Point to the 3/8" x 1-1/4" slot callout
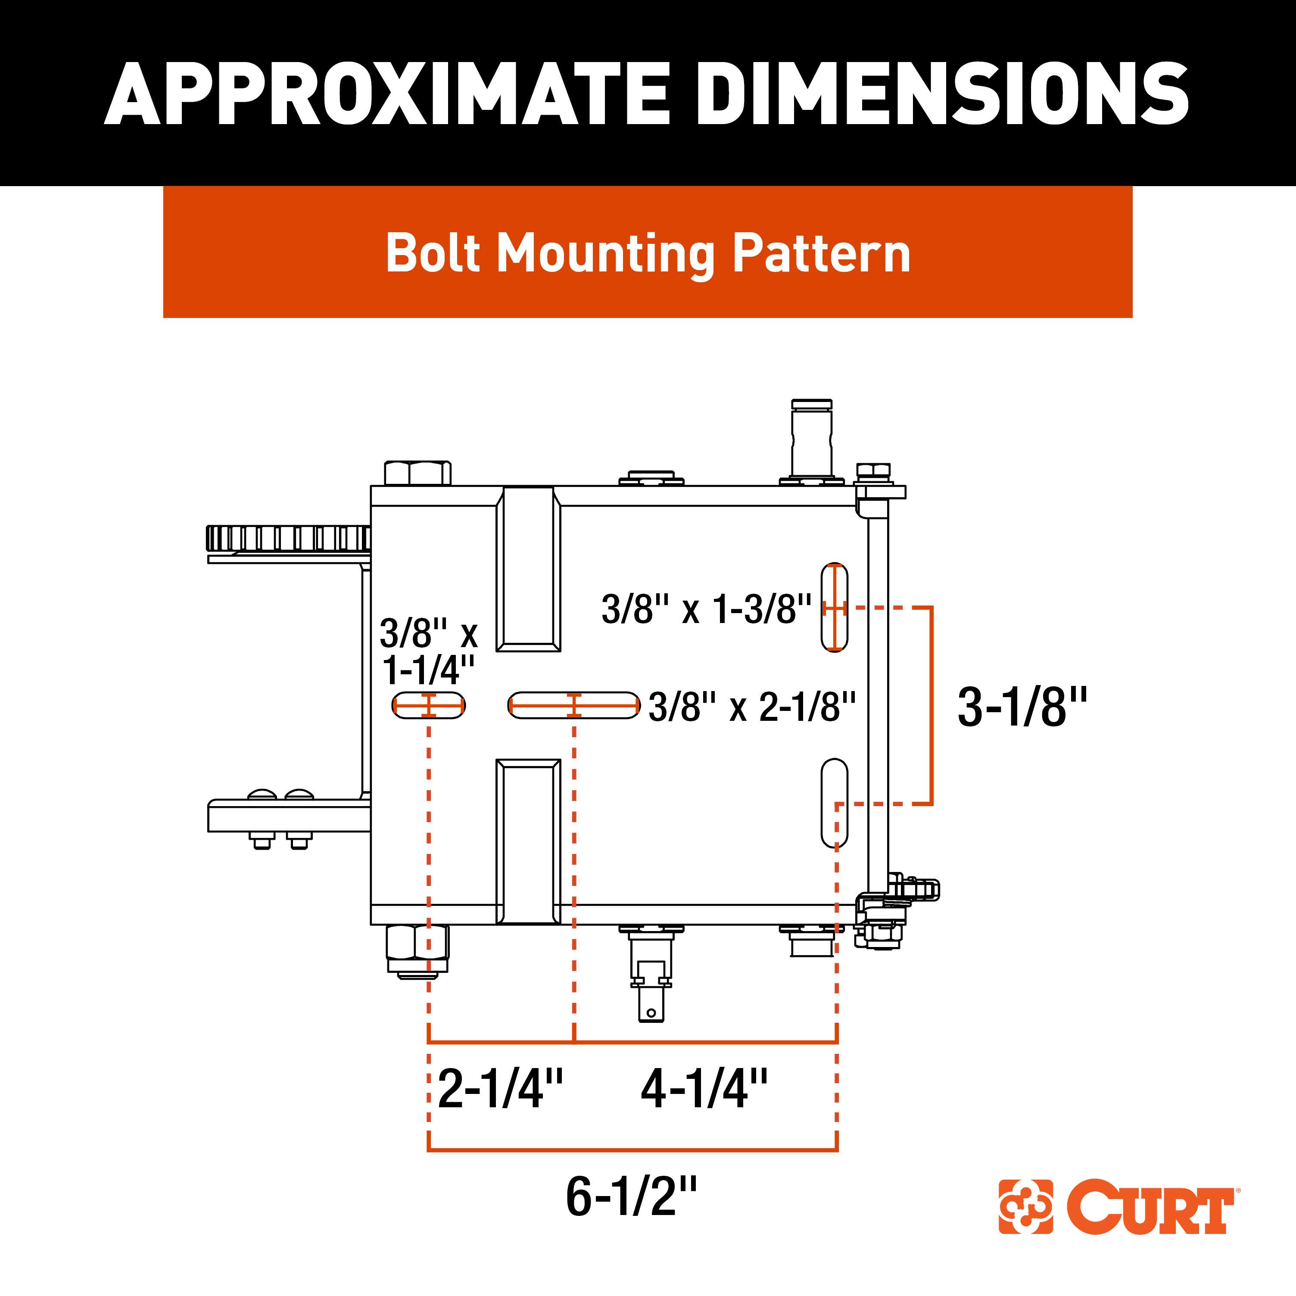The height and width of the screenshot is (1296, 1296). point(429,650)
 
